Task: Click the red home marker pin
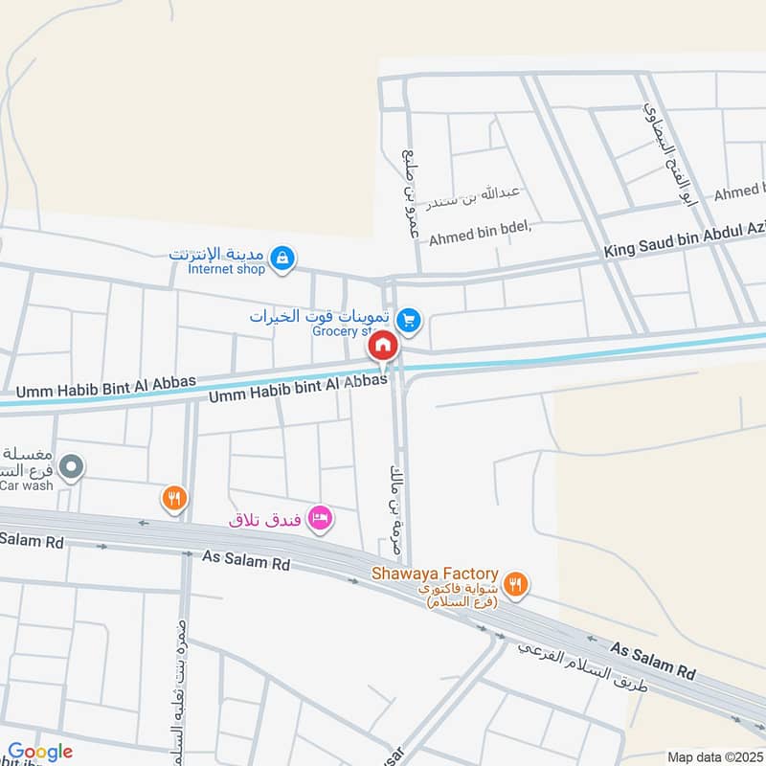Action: point(383,345)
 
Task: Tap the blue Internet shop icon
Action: point(282,258)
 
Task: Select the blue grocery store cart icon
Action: point(409,321)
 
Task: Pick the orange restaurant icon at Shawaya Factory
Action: point(516,584)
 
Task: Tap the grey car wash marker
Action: point(71,468)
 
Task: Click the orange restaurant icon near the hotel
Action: point(173,498)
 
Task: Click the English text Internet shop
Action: point(226,270)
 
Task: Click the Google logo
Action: point(40,752)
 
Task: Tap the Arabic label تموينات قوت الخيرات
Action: point(320,316)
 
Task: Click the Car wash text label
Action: point(21,484)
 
